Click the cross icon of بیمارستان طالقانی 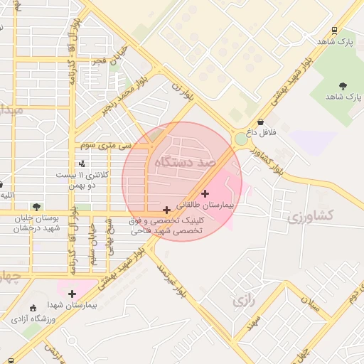205,193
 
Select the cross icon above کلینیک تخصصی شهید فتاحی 166,210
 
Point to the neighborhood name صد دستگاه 184,163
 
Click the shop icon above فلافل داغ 261,122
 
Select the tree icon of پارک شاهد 343,85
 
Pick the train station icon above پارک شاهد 334,31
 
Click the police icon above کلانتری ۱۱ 82,164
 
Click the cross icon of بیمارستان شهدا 72,294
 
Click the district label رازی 243,301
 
